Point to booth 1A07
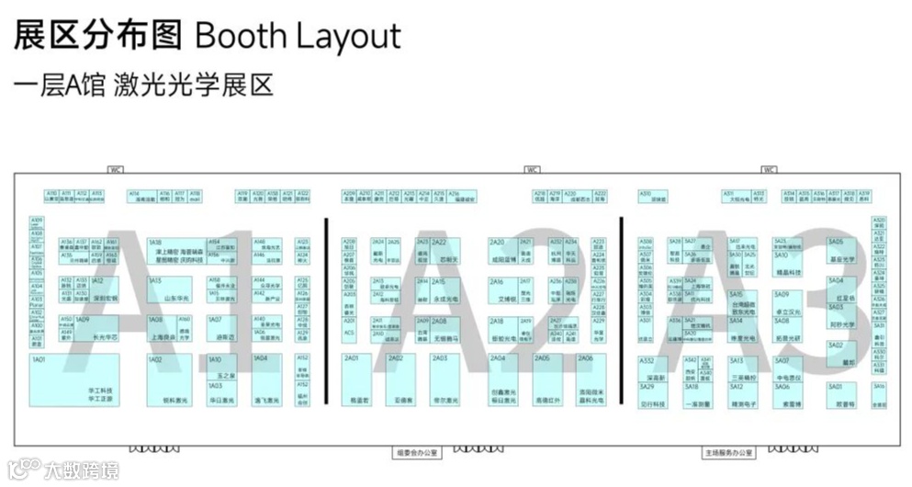click(x=221, y=330)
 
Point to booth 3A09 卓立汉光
click(x=791, y=304)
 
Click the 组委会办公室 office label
click(x=419, y=452)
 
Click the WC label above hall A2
click(x=532, y=169)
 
